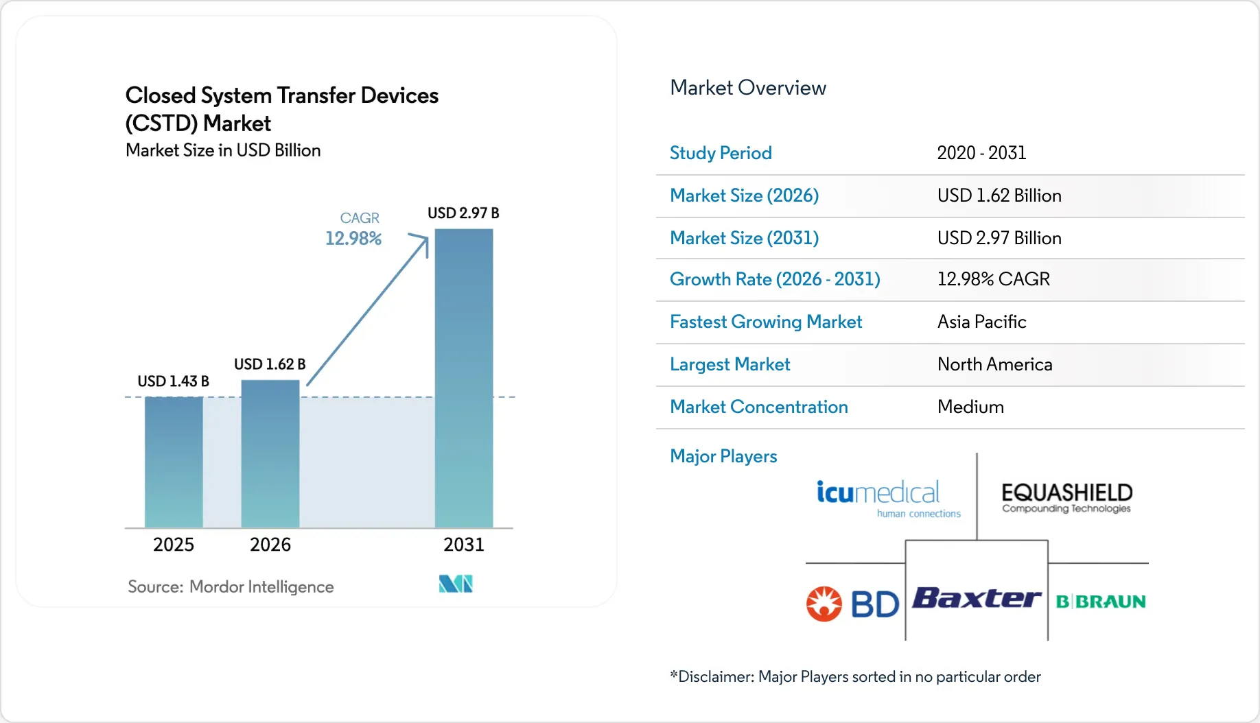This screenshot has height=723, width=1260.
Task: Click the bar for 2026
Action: (270, 453)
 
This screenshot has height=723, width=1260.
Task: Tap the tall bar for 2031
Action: (464, 378)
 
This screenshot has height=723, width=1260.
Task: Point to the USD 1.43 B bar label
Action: (173, 381)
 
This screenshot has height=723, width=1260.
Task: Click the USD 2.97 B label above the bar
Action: (463, 213)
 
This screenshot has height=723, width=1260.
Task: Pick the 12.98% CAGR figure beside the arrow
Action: (353, 239)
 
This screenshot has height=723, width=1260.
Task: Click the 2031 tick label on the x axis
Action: (464, 545)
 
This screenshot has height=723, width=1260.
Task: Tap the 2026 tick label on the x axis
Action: (270, 545)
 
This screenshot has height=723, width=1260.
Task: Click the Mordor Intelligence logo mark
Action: (456, 584)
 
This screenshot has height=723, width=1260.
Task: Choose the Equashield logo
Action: (1066, 497)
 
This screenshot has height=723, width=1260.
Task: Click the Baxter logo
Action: (977, 598)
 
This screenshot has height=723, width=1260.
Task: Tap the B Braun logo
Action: (1101, 602)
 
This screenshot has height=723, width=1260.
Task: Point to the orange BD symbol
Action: (824, 604)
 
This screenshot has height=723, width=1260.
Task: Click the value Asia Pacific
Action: (981, 322)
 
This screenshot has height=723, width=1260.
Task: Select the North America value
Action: (994, 364)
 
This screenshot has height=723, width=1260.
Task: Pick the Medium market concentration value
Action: (970, 407)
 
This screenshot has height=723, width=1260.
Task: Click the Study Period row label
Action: (721, 153)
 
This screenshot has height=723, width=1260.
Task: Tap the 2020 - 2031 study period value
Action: (981, 153)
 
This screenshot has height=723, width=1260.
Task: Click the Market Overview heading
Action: (748, 88)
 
